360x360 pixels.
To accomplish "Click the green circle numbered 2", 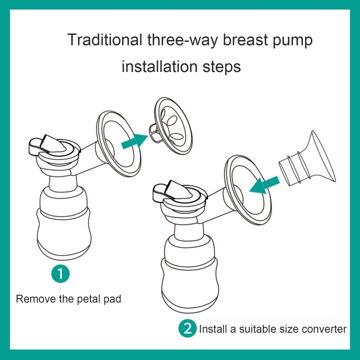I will point(188,329).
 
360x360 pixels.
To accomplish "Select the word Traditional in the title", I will point(104,40).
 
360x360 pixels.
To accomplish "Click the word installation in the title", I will point(158,67).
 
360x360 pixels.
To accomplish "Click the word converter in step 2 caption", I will point(324,329).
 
